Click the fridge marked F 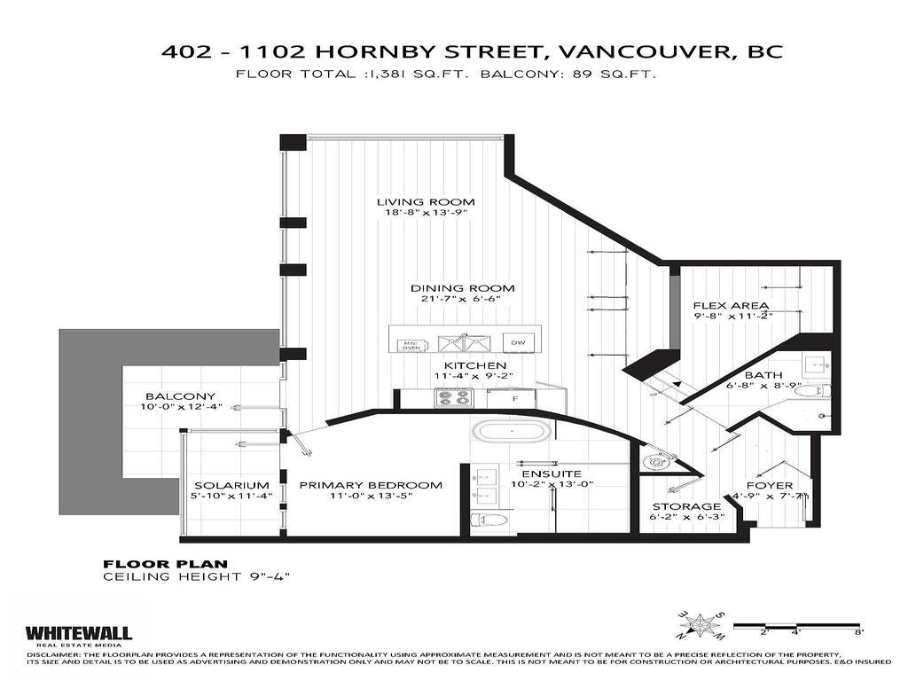point(515,399)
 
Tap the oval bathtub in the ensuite point(511,432)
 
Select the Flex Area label point(731,307)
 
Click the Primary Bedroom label point(370,485)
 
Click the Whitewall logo point(79,634)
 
